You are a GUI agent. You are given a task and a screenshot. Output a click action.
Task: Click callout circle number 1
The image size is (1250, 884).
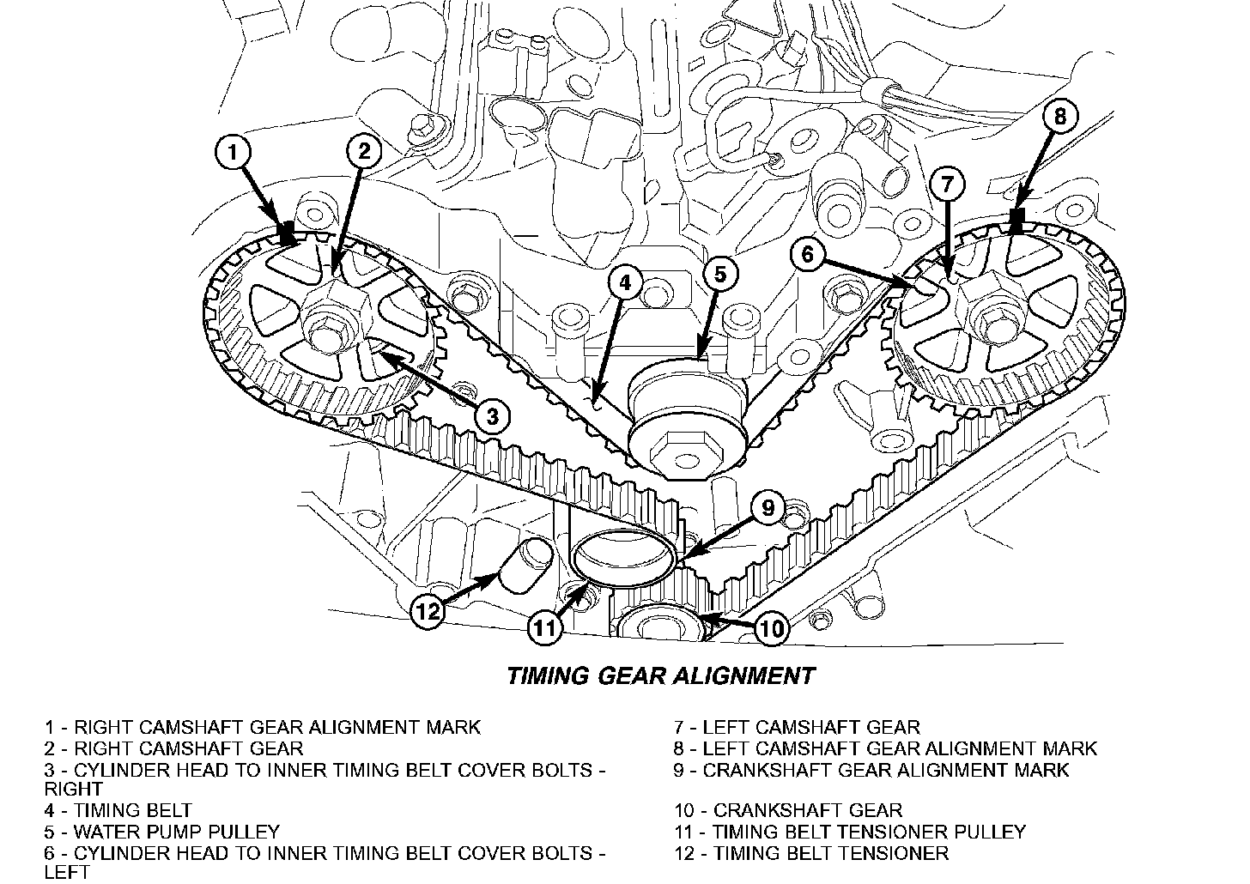click(232, 154)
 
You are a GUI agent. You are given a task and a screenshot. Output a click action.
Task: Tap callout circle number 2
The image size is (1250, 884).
click(364, 152)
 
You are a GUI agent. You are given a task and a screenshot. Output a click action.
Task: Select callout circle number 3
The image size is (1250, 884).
click(491, 417)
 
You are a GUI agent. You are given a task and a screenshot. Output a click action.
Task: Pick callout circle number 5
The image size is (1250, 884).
click(719, 274)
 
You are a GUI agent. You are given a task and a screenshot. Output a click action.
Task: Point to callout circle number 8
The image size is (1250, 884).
click(1060, 116)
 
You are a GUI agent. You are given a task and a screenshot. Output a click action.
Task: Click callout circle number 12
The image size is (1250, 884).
click(428, 611)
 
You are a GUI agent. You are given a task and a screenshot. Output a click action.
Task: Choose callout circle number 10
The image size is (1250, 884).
click(772, 629)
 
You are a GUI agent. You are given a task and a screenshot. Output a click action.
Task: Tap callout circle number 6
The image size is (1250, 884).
click(811, 255)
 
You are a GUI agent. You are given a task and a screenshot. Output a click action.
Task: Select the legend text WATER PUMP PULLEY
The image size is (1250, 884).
click(177, 832)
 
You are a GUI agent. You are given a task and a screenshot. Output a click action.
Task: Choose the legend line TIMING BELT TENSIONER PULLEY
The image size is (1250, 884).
click(870, 832)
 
